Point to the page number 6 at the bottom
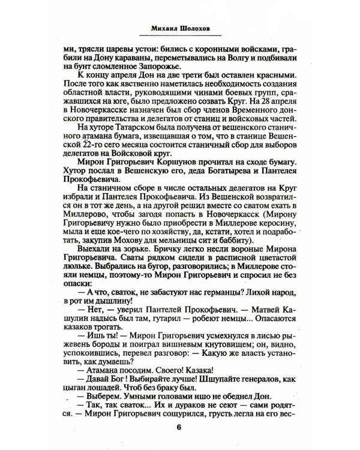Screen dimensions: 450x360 point(179,427)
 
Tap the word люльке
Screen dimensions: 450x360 point(79,284)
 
